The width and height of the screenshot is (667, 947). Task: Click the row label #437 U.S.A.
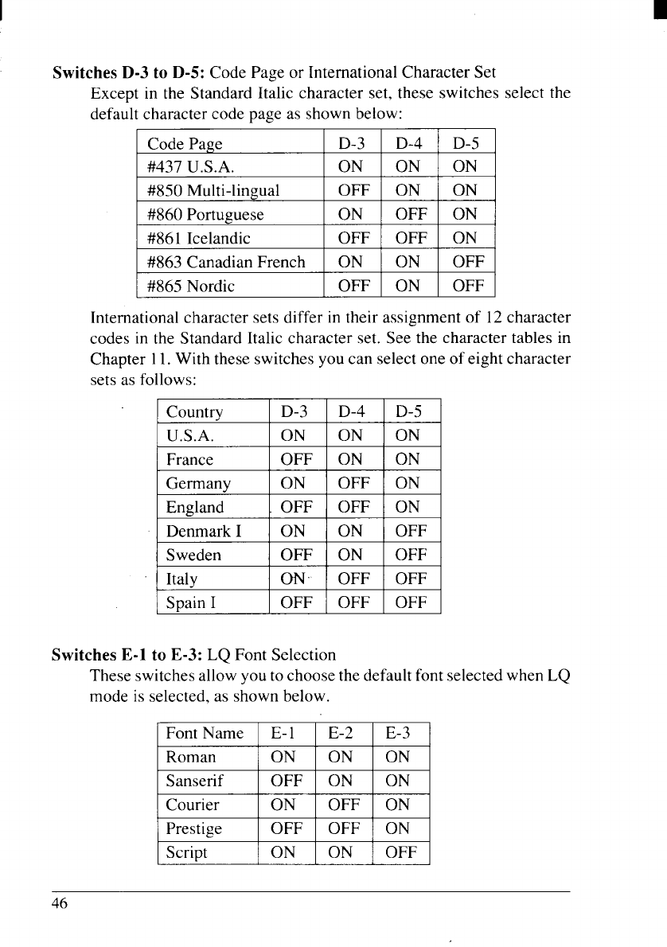190,168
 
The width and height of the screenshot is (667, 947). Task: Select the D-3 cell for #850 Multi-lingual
351,191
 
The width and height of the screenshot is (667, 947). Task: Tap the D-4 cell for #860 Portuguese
411,215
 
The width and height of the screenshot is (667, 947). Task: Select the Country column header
194,412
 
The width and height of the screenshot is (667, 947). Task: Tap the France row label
189,459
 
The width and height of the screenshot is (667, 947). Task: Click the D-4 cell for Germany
355,483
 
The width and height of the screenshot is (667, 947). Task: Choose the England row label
195,507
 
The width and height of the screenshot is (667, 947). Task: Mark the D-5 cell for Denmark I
412,531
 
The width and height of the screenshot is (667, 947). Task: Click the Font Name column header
204,734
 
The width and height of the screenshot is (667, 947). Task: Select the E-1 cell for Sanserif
287,781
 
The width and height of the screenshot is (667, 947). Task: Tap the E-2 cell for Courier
345,805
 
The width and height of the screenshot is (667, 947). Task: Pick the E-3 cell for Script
401,852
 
